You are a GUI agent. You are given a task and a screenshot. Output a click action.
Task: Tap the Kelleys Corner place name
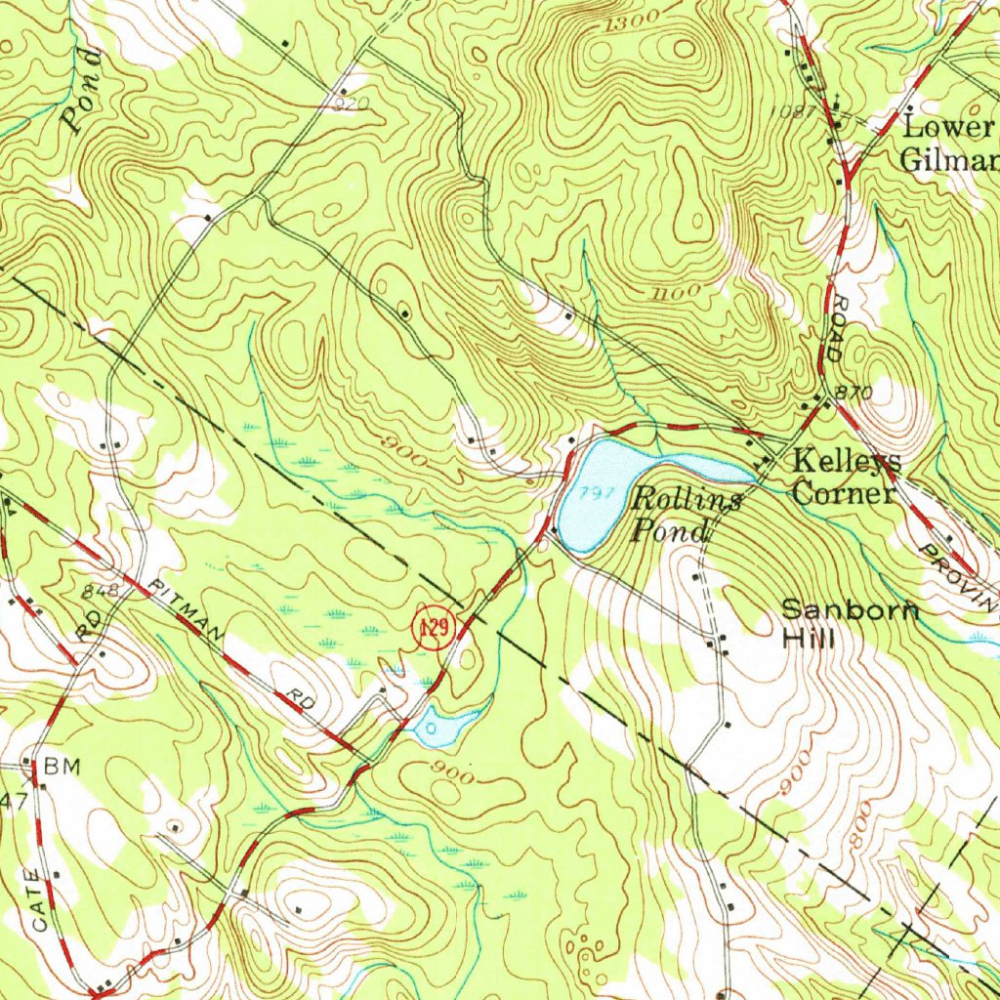click(x=846, y=476)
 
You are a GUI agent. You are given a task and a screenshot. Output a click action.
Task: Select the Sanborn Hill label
click(x=850, y=624)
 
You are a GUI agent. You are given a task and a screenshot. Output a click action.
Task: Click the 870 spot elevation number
click(x=854, y=392)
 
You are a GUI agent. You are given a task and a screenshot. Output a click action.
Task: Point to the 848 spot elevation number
click(x=101, y=591)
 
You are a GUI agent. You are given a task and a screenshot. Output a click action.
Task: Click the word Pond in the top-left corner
click(x=82, y=90)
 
